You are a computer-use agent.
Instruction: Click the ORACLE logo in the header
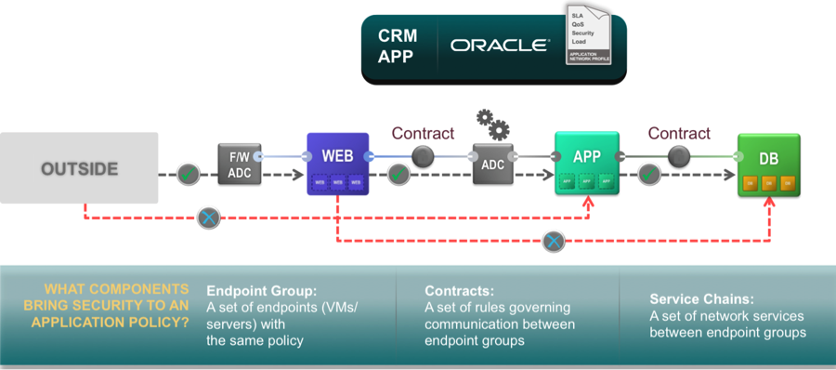[500, 45]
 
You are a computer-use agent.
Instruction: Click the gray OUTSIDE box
[79, 168]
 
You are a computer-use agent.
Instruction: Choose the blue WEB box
[337, 164]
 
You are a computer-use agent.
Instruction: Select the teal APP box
[586, 164]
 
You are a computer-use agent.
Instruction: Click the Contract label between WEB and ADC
[423, 134]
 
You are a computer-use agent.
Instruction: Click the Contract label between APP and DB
[679, 134]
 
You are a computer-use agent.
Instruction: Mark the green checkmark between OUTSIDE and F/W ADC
[188, 174]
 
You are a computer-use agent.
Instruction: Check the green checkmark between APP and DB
[649, 174]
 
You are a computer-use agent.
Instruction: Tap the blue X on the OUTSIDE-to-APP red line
[209, 219]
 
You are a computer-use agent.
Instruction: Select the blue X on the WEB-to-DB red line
[554, 242]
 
